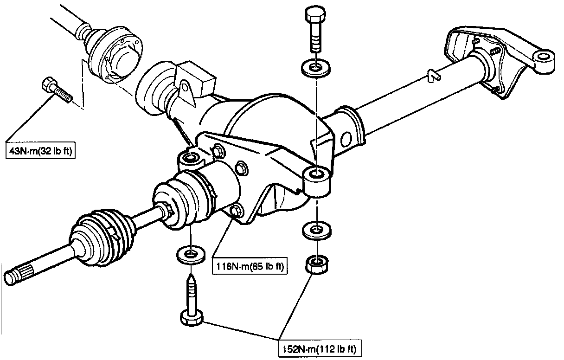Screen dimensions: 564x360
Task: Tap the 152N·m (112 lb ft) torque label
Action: pos(320,347)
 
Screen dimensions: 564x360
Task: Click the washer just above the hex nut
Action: pos(315,230)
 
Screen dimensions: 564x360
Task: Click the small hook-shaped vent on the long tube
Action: pos(432,76)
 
